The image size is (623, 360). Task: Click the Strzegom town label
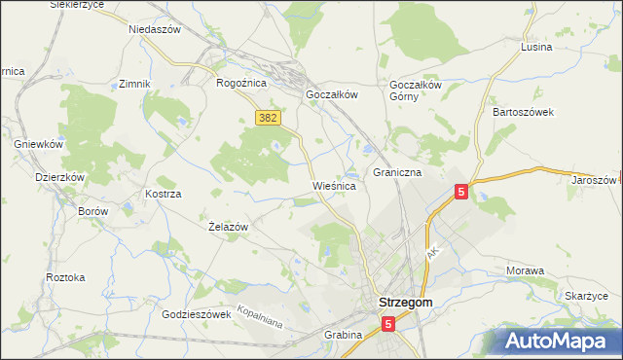click(x=405, y=303)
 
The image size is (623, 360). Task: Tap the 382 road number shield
click(x=269, y=117)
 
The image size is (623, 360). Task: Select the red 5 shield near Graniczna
click(x=461, y=193)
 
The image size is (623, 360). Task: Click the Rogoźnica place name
click(x=241, y=83)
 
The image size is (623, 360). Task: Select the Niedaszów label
click(x=155, y=29)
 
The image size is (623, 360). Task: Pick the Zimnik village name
click(x=134, y=84)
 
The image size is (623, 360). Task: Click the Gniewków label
click(x=39, y=144)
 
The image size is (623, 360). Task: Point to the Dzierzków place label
click(x=60, y=178)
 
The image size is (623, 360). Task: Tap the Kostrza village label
click(x=164, y=195)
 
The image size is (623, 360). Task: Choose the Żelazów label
click(x=230, y=227)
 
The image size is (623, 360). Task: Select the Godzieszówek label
click(x=196, y=314)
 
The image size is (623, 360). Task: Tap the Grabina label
click(x=343, y=335)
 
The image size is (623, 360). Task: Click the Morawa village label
click(x=525, y=270)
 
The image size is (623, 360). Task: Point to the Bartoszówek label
click(x=523, y=112)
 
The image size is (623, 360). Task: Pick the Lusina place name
click(x=535, y=47)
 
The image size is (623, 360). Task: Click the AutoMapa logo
click(x=559, y=341)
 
